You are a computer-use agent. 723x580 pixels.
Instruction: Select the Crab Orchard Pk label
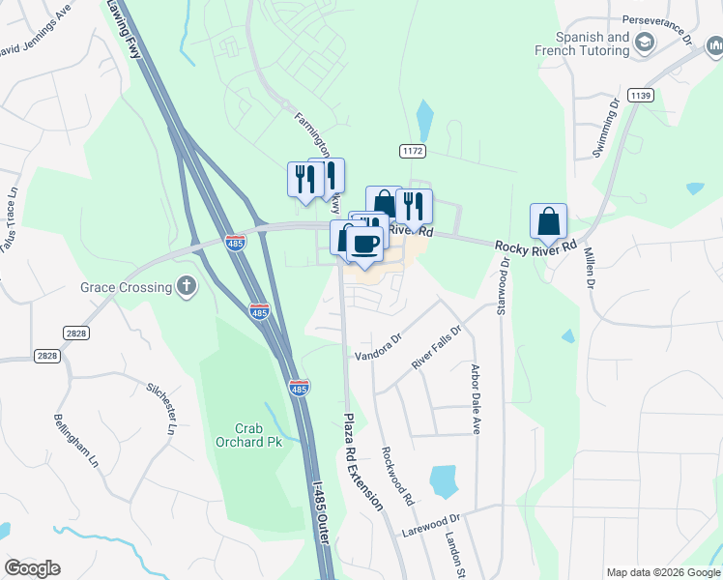point(235,435)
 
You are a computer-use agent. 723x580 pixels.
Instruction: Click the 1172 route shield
point(413,151)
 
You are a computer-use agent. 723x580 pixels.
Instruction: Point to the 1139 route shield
point(640,95)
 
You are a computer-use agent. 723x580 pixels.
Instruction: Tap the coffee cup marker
point(363,245)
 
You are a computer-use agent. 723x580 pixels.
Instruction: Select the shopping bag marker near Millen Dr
point(548,221)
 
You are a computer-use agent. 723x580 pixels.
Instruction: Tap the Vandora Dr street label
point(377,347)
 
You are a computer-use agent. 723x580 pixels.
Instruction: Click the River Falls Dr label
point(437,346)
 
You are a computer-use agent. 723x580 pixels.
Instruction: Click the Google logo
point(32,568)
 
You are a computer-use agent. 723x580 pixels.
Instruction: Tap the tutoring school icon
point(644,43)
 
